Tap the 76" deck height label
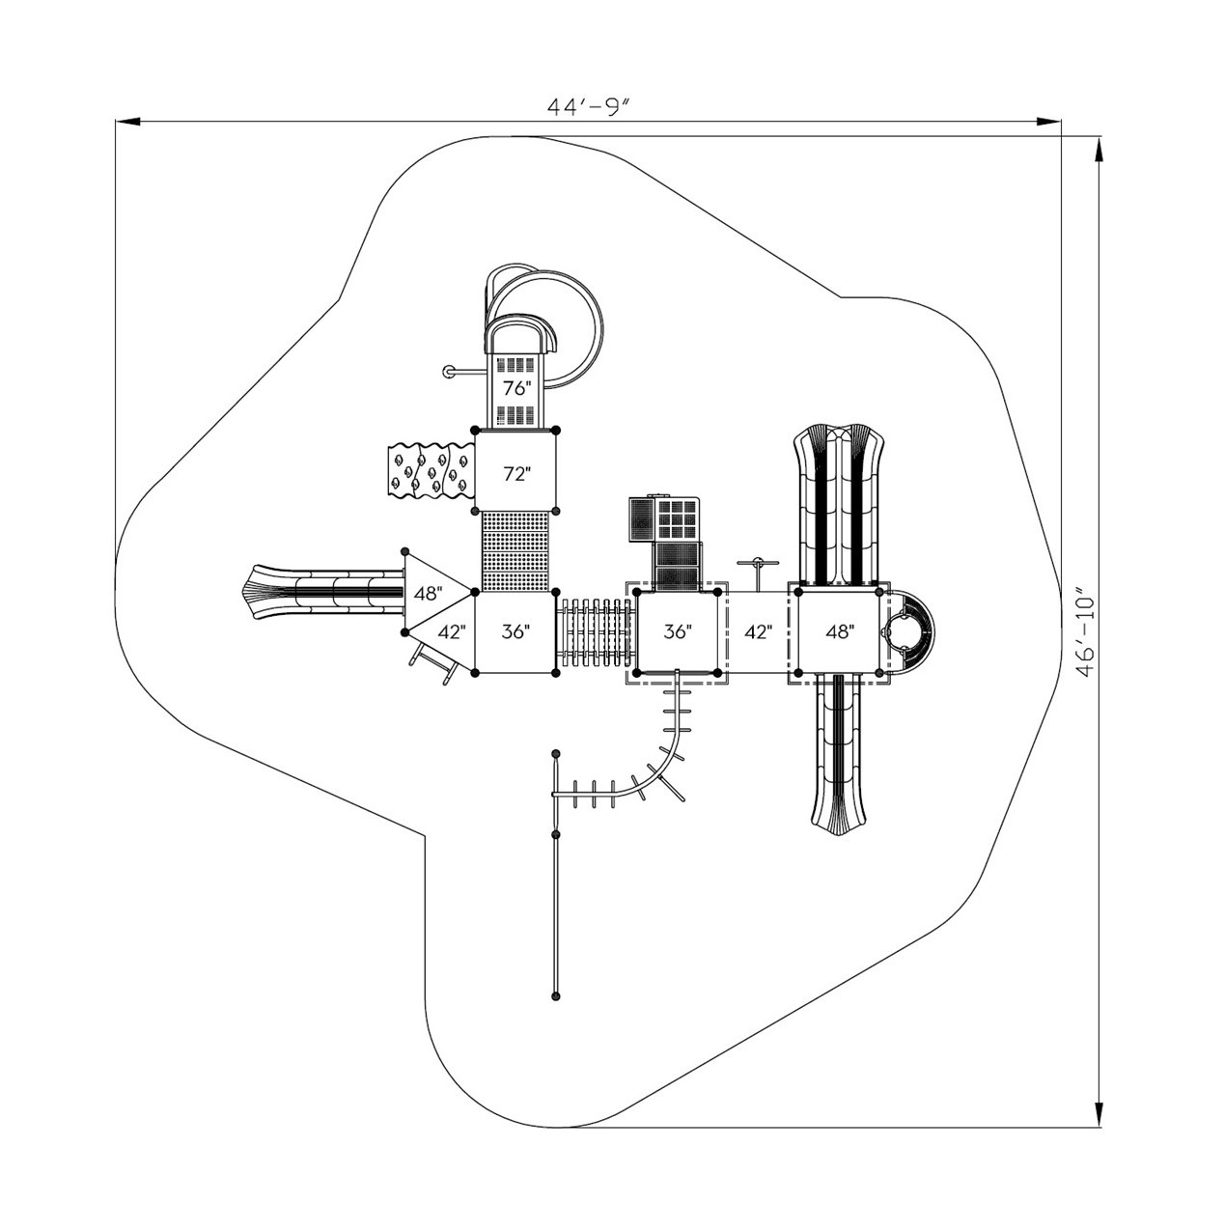516,388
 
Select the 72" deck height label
516,473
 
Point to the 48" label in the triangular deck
429,594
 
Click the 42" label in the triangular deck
452,632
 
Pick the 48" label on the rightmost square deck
839,631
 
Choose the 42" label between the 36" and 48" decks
758,631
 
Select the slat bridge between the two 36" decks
595,632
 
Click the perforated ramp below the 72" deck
515,551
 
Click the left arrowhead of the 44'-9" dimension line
127,121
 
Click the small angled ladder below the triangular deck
433,662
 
